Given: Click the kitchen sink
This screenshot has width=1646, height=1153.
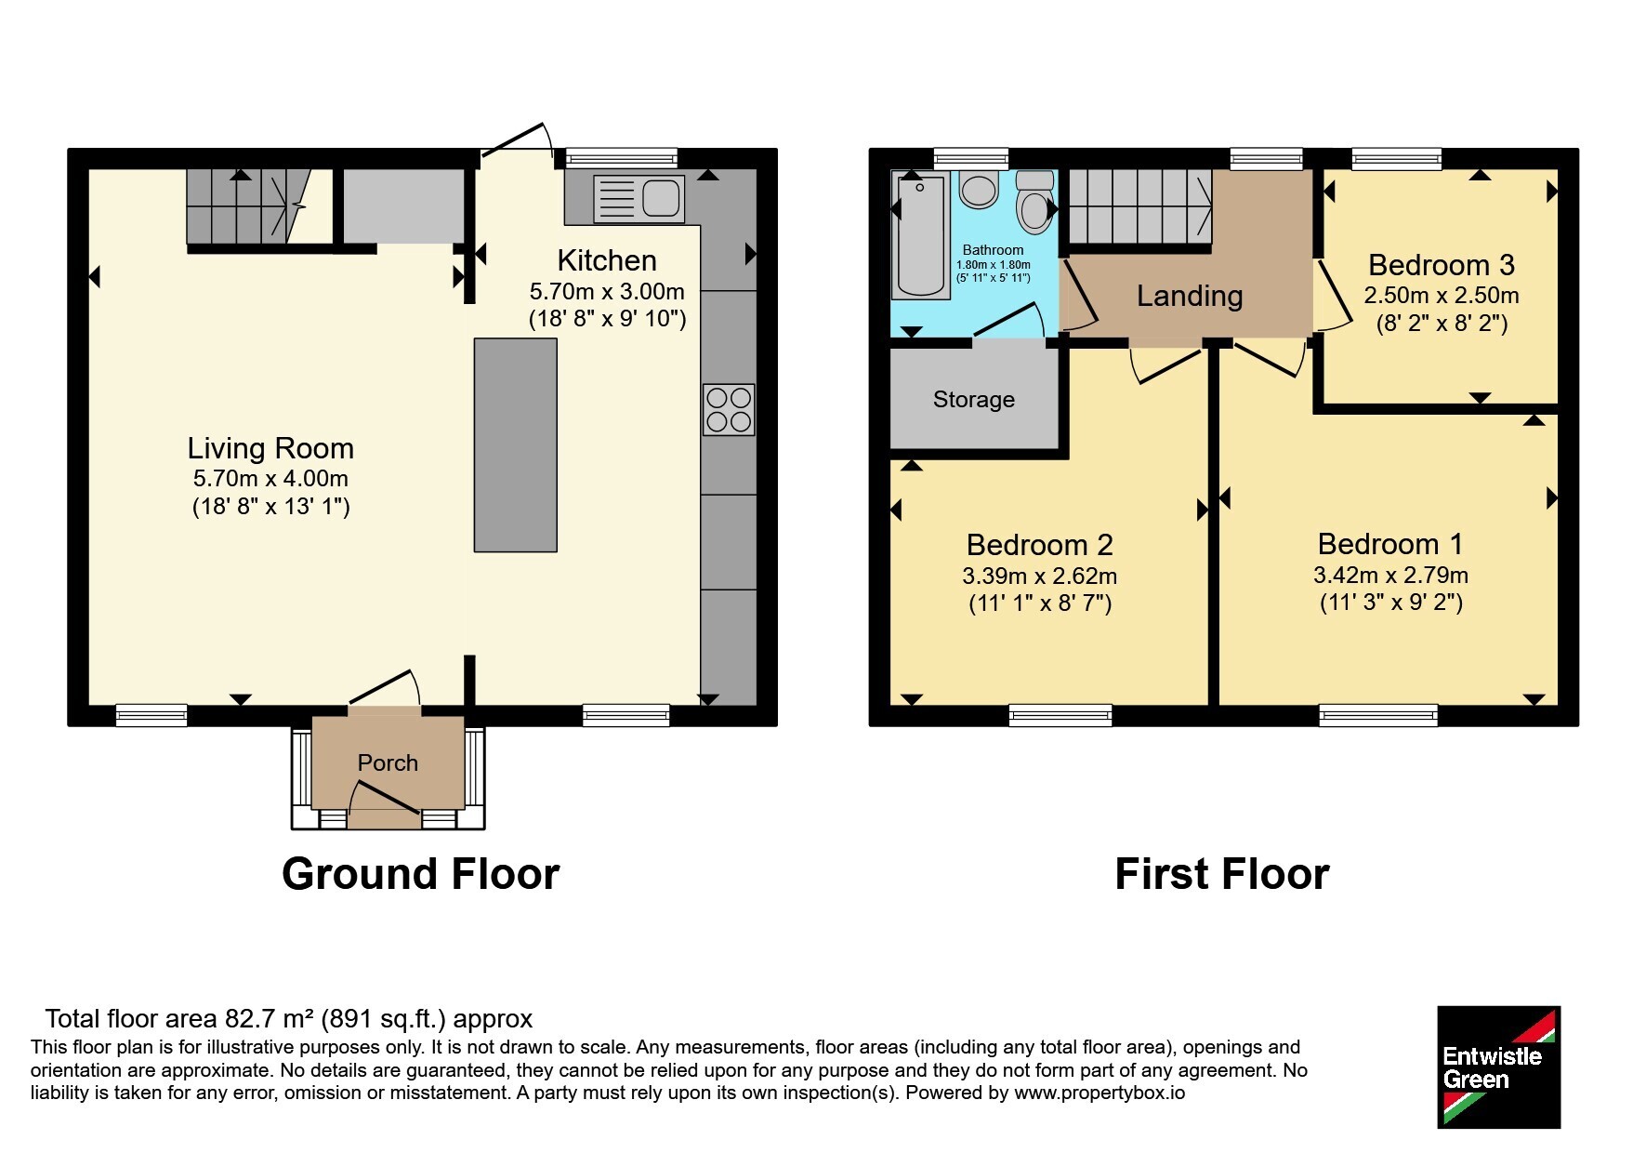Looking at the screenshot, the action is click(639, 198).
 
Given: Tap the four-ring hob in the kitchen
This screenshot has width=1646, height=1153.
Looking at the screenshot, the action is click(729, 410).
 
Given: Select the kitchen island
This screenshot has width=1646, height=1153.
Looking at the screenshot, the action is click(516, 445).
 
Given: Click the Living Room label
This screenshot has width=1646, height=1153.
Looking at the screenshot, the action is click(270, 448).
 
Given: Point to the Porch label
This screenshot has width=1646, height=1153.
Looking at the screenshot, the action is click(388, 762).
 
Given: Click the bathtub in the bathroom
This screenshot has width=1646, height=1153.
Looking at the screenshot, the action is click(920, 236).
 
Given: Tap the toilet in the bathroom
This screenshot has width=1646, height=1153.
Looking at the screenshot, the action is click(1034, 202).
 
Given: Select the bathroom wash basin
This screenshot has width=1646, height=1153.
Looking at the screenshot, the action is click(979, 190).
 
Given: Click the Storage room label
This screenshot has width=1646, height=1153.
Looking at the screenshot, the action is click(974, 400).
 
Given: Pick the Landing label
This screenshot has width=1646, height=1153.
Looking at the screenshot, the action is click(1190, 296).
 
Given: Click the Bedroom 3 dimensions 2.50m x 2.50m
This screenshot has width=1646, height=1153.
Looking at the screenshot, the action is click(1442, 296).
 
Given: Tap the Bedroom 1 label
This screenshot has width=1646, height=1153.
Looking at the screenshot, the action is click(1390, 544).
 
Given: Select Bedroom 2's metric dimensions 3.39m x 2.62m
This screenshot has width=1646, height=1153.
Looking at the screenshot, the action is click(1040, 576).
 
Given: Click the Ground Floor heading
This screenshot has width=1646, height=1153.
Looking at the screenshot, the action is click(421, 874).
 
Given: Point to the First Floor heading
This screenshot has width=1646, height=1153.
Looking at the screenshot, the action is click(1222, 874).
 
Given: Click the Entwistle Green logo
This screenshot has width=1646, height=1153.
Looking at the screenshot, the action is click(1498, 1067).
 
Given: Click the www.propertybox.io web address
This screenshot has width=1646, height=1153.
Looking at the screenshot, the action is click(1100, 1093).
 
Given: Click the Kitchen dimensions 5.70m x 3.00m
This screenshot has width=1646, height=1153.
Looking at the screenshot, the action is click(607, 291).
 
